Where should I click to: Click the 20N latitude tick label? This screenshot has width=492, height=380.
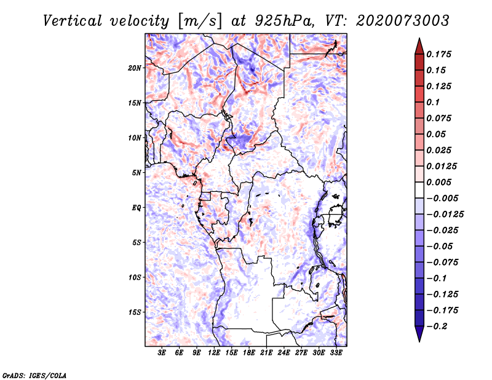[135, 68]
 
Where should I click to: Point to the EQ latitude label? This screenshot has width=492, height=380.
[136, 208]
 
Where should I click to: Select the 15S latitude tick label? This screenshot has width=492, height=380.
[135, 312]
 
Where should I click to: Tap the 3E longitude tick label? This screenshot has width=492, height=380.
[162, 354]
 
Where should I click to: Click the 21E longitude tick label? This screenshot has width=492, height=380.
[267, 354]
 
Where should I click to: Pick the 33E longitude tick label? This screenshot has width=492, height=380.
[336, 354]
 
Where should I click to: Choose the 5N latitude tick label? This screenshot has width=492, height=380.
[137, 173]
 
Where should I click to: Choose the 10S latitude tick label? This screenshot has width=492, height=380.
[135, 277]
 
